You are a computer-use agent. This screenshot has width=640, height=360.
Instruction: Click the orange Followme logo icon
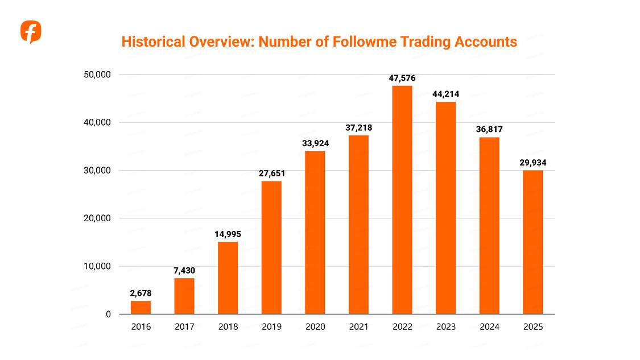click(31, 31)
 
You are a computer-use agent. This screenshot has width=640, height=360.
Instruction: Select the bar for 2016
click(141, 307)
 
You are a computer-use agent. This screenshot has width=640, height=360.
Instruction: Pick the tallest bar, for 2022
click(402, 200)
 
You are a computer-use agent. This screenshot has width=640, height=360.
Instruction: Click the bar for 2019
click(271, 247)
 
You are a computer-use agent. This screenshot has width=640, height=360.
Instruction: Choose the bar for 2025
click(533, 242)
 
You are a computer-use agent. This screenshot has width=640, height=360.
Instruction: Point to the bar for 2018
click(228, 278)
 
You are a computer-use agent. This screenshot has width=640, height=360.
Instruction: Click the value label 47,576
click(402, 78)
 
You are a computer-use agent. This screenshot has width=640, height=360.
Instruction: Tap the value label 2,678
click(141, 293)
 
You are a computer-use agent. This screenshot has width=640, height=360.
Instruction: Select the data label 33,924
click(315, 143)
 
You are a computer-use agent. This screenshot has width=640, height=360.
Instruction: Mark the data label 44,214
click(446, 94)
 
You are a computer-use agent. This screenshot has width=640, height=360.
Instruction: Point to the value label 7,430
click(184, 271)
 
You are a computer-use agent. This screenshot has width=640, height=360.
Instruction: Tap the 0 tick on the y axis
click(108, 314)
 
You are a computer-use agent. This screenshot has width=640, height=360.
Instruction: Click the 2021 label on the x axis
click(358, 327)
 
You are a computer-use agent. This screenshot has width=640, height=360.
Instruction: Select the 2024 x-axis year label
click(489, 327)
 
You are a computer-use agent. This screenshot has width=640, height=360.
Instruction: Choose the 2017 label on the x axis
click(184, 327)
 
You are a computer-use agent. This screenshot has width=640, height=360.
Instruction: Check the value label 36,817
click(489, 130)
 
